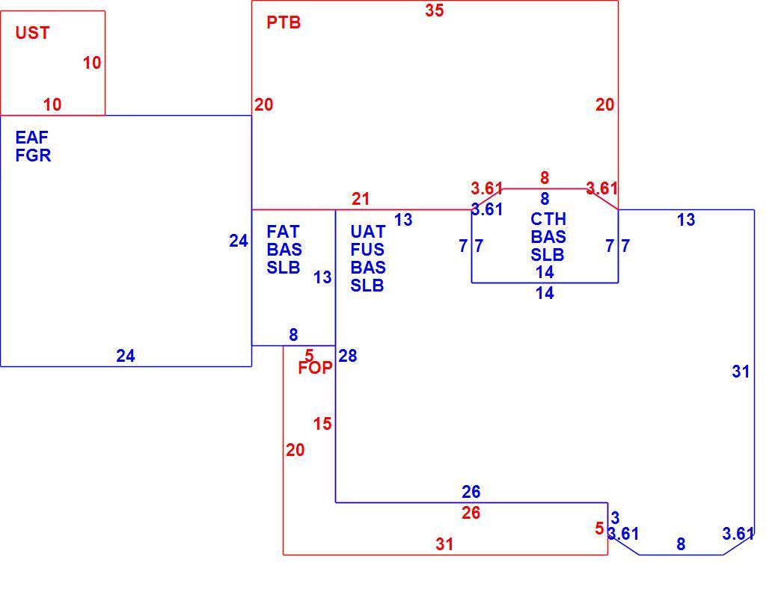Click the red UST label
tap(32, 33)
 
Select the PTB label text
tap(284, 22)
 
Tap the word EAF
tap(31, 137)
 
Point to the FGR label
tap(33, 155)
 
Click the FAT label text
tap(283, 232)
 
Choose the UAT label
tap(367, 232)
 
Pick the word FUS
tap(367, 250)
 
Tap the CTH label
tap(548, 219)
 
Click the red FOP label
tap(315, 368)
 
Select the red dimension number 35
tap(434, 10)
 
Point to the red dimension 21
tap(361, 199)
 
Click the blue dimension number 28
tap(347, 356)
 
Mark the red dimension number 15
tap(322, 424)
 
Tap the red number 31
tap(444, 544)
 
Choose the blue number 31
tap(741, 372)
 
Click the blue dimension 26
tap(471, 491)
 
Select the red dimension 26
tap(471, 512)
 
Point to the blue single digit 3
tap(615, 518)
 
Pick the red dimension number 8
tap(545, 177)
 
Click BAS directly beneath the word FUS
tap(367, 268)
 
